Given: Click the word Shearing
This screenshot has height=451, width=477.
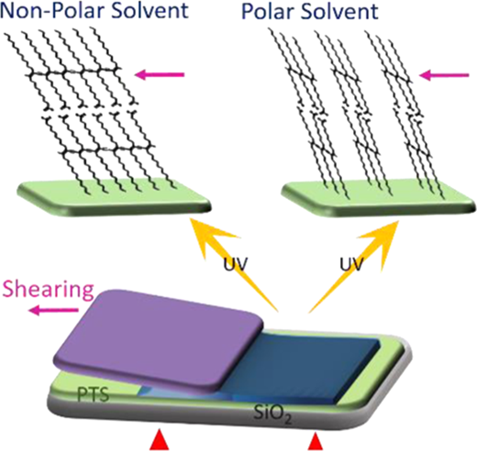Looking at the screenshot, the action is click(x=48, y=291).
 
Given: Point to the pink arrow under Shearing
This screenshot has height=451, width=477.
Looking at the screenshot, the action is click(x=53, y=311).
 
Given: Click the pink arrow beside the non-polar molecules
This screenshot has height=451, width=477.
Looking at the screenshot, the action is click(x=160, y=74).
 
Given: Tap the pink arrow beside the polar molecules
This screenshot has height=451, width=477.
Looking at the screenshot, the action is click(x=444, y=74).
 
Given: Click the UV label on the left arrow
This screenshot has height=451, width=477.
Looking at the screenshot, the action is click(x=235, y=264).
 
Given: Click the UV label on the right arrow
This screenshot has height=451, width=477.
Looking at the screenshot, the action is click(x=351, y=264).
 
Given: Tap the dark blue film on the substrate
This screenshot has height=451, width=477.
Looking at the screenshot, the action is click(x=305, y=364).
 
